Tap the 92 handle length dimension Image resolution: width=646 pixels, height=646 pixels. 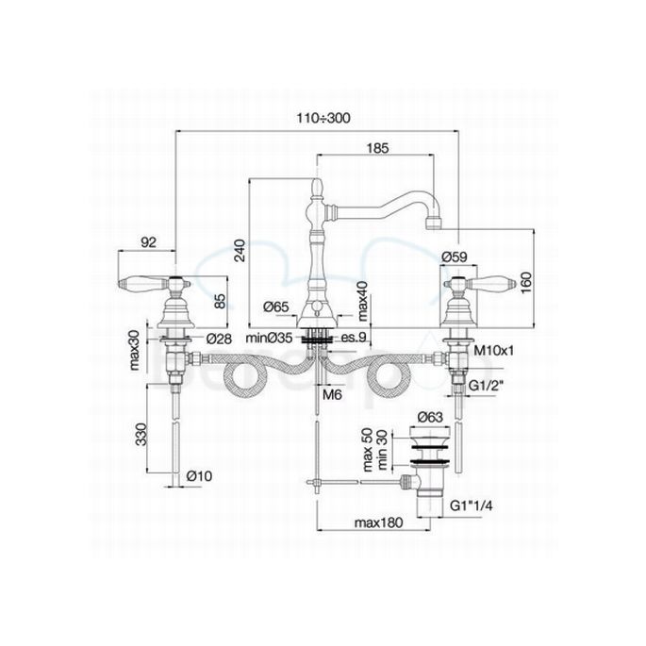click(148, 241)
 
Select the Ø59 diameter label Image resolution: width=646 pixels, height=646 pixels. click(456, 255)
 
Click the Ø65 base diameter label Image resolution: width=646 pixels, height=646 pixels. click(276, 306)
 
